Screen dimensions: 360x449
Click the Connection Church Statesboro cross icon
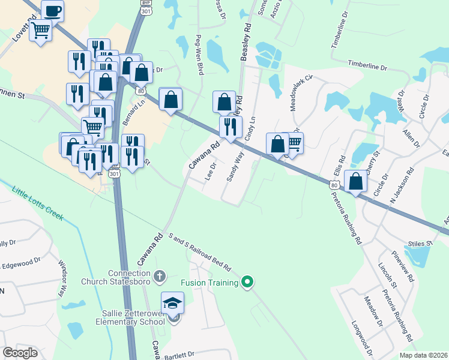coord(159,277)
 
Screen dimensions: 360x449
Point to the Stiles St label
coord(421,244)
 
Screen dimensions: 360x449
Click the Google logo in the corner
coord(20,353)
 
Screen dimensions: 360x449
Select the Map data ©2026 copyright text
coord(423,355)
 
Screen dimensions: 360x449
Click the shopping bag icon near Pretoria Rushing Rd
coord(356,181)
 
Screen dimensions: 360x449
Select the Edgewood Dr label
coord(21,263)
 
